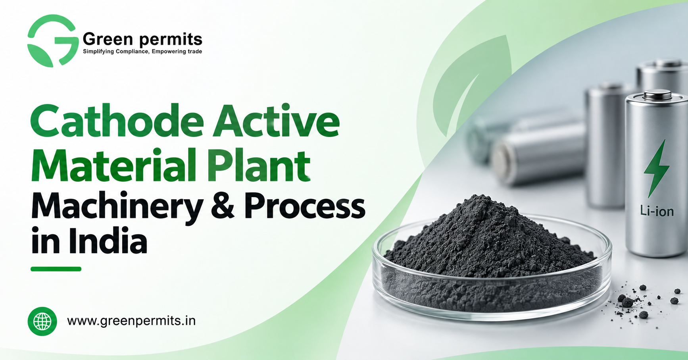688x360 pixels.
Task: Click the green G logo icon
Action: pos(53,41)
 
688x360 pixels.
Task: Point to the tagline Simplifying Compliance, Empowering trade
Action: pos(142,52)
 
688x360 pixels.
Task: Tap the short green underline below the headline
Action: pos(56,269)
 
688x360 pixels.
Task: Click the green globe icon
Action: pos(42,321)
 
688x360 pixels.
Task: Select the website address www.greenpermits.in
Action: pos(131,321)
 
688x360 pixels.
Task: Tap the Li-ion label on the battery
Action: pos(657,211)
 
